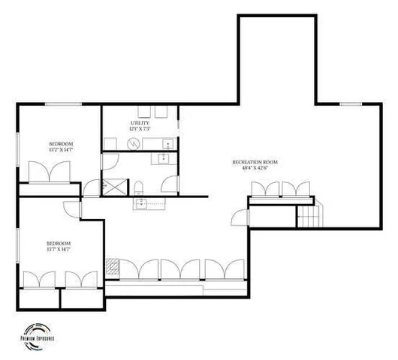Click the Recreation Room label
pyautogui.click(x=255, y=162)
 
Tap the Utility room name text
pyautogui.click(x=140, y=122)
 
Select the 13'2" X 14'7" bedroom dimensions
pyautogui.click(x=61, y=150)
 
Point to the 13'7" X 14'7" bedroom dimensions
pyautogui.click(x=58, y=250)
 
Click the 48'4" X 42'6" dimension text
pyautogui.click(x=255, y=168)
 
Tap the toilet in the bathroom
pyautogui.click(x=140, y=185)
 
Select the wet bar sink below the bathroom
pyautogui.click(x=140, y=202)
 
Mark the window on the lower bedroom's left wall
pyautogui.click(x=18, y=245)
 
